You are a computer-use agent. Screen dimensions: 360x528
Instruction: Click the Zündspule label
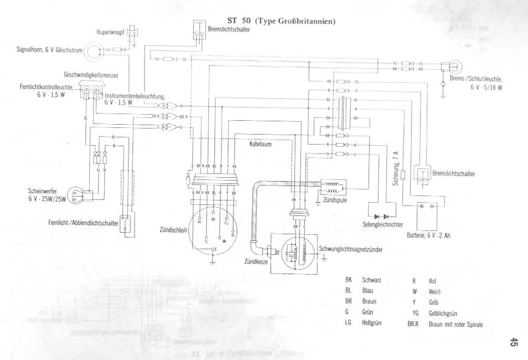[x=334, y=200]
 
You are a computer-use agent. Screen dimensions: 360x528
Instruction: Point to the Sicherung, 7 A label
[x=397, y=168]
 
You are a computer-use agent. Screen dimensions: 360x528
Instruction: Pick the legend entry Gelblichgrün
[x=447, y=313]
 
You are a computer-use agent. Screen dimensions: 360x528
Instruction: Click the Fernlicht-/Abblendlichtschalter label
[x=83, y=222]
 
